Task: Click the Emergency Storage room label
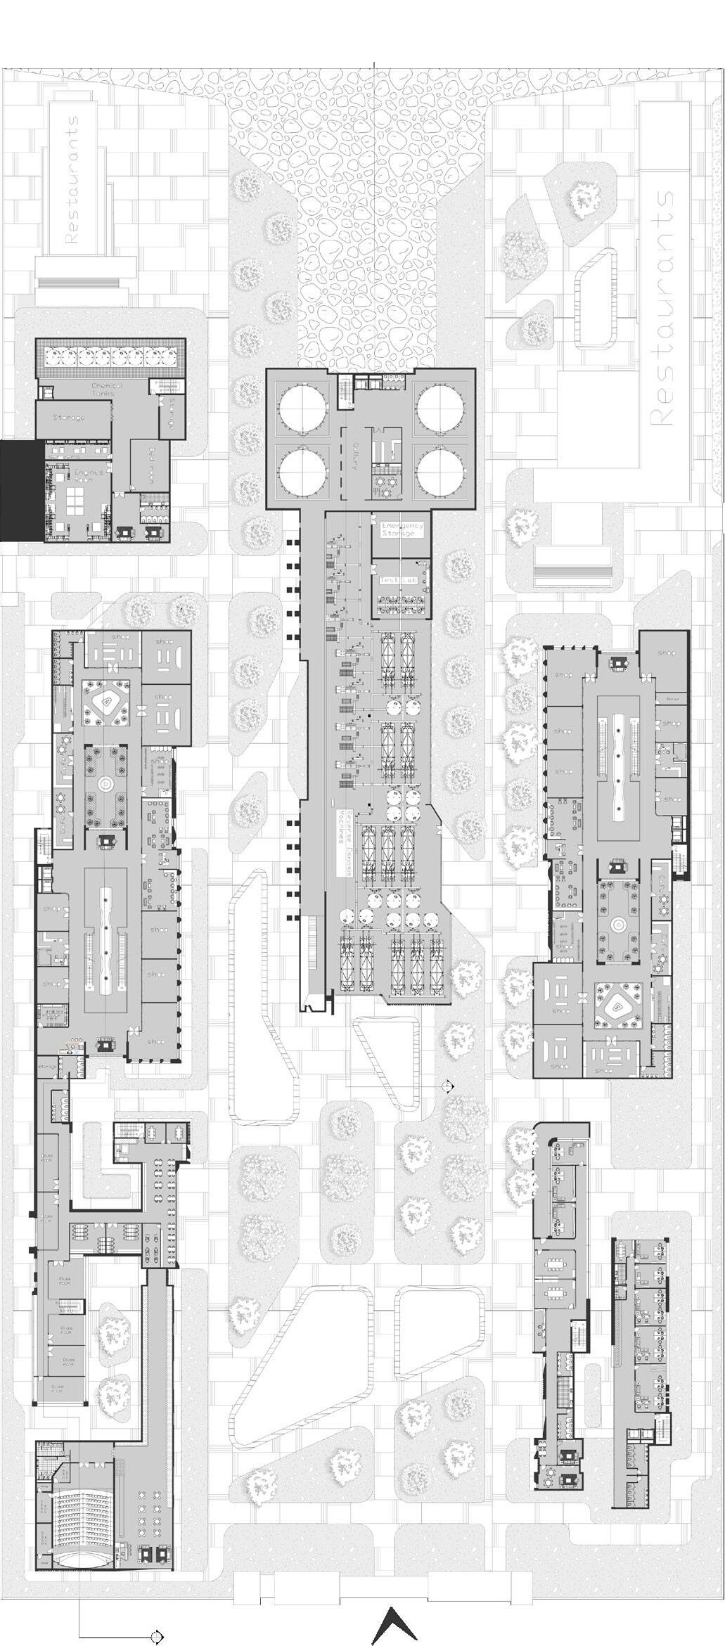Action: click(402, 529)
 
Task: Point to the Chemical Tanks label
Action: click(107, 390)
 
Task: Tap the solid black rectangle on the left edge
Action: click(20, 491)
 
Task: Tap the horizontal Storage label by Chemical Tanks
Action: click(69, 418)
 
